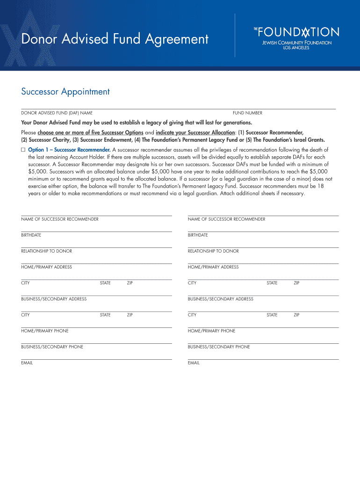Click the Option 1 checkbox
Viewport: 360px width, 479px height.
23,150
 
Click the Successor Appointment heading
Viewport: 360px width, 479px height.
65,92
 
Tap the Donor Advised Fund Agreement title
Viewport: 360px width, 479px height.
115,39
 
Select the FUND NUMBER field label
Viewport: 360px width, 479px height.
247,113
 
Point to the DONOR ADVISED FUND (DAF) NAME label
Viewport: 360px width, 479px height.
57,113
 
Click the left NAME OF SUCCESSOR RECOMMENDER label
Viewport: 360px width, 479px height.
60,219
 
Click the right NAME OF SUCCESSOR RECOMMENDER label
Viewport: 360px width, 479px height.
226,219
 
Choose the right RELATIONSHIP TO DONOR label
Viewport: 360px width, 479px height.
213,251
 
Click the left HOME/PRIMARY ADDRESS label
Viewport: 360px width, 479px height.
46,267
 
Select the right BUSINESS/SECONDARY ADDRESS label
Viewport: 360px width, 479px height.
221,299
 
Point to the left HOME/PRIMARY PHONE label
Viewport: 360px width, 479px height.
44,331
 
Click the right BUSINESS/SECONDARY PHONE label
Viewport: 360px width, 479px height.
219,347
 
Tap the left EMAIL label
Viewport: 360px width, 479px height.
27,363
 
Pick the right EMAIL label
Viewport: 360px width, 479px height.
194,363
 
